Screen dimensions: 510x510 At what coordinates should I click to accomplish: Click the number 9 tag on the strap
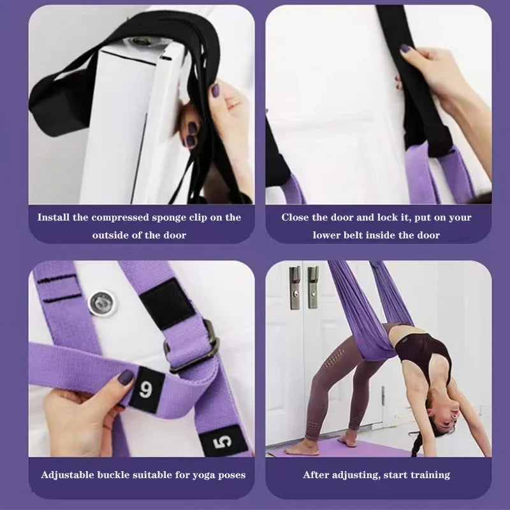tap(147, 390)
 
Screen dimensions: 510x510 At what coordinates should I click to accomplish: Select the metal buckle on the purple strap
tap(193, 347)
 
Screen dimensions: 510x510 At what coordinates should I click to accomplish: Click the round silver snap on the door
tap(103, 302)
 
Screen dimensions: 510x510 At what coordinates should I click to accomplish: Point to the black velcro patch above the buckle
tap(168, 305)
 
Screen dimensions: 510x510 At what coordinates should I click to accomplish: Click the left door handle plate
tap(295, 288)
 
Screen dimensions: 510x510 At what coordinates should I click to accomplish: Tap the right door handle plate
tap(313, 288)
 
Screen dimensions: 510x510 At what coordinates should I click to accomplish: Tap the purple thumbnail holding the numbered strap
tap(126, 377)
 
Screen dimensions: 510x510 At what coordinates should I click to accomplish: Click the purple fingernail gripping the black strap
tap(405, 48)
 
